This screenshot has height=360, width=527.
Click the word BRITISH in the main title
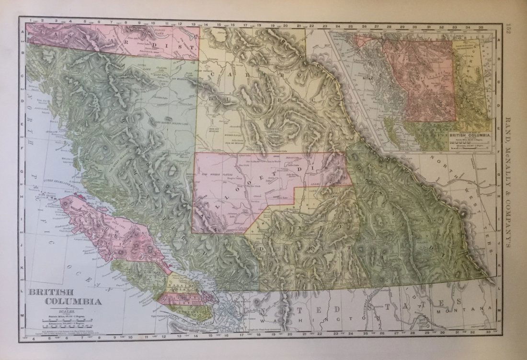pos(46,292)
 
